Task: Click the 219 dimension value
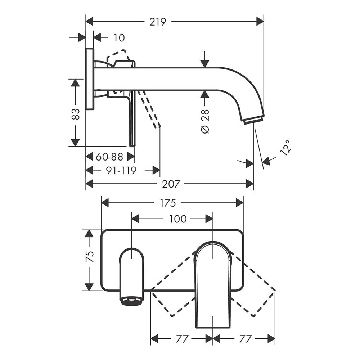coord(158,22)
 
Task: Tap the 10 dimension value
coord(119,38)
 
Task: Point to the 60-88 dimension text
coord(109,157)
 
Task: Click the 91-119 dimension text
coord(121,171)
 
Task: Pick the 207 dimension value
coord(171,184)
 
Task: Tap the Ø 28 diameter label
coord(205,121)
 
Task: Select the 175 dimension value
coord(168,203)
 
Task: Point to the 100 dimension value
coord(178,219)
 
